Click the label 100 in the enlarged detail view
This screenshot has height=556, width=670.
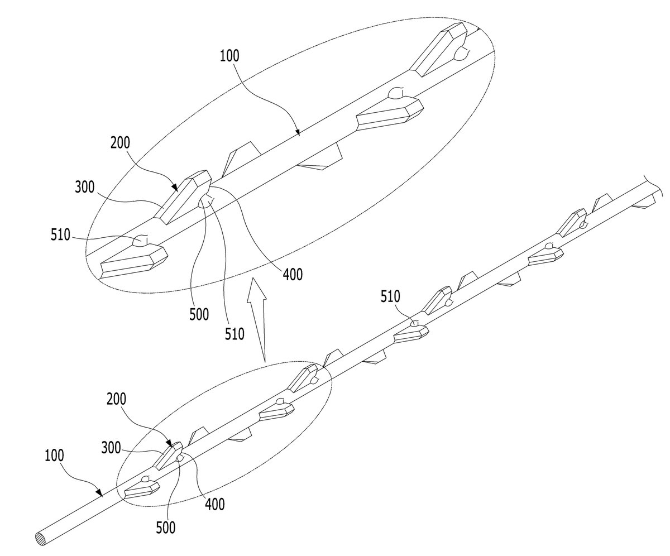[229, 56]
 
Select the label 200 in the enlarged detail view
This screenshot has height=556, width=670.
[121, 143]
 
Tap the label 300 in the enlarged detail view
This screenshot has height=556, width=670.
[85, 187]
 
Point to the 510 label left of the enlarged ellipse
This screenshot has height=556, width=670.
[60, 235]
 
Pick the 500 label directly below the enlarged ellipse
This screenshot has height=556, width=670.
[199, 314]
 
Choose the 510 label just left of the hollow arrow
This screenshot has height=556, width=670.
[234, 334]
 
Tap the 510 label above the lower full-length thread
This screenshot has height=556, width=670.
[390, 296]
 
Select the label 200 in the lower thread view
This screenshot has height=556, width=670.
[116, 399]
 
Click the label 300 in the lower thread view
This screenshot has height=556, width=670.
[111, 448]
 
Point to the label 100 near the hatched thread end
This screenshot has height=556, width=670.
[54, 456]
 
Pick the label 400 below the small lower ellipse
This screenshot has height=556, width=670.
[214, 504]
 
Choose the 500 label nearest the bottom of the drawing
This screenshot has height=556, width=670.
[166, 528]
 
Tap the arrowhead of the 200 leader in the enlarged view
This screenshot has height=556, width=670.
[175, 187]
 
